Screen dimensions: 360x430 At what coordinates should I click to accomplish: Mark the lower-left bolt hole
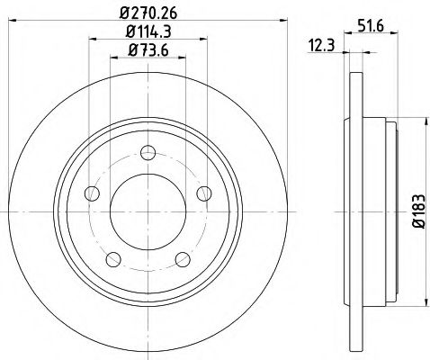click(112, 259)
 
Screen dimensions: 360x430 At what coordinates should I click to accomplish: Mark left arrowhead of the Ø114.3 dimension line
click(92, 40)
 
